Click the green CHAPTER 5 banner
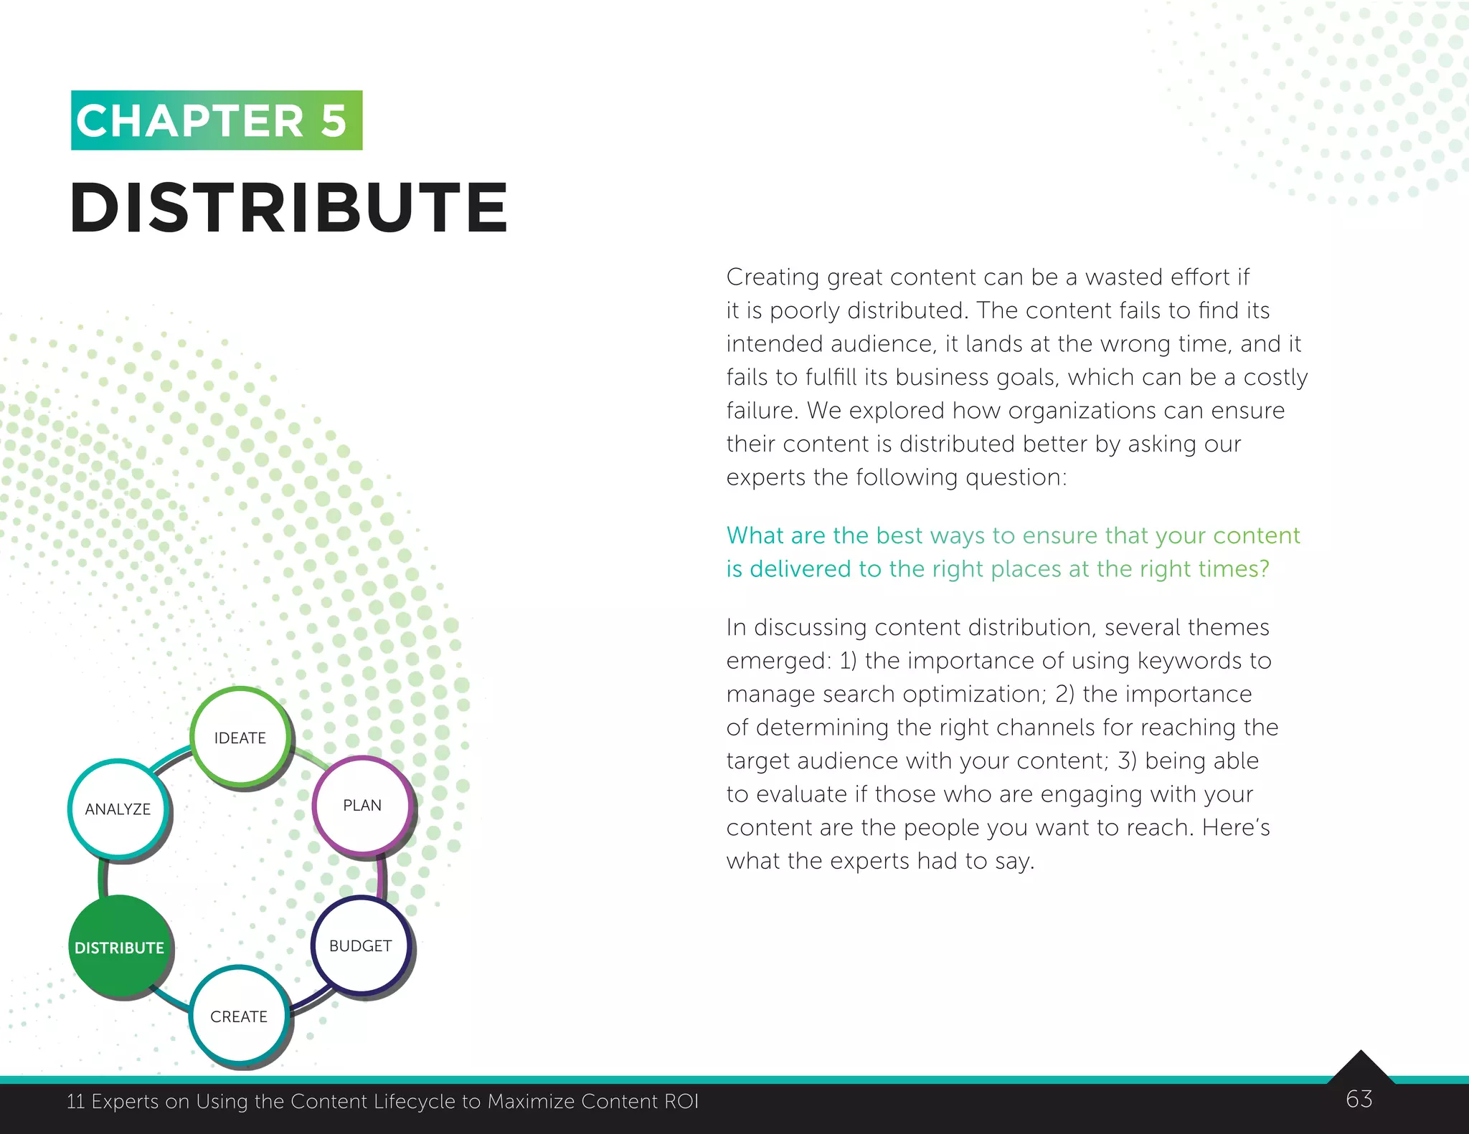217,120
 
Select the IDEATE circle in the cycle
240,737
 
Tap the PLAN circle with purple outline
362,805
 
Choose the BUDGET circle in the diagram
361,945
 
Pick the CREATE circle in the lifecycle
239,1016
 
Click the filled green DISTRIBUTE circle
119,947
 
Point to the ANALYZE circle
118,809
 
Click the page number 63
1359,1099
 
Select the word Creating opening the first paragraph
772,277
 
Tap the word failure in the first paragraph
761,411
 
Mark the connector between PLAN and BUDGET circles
381,876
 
